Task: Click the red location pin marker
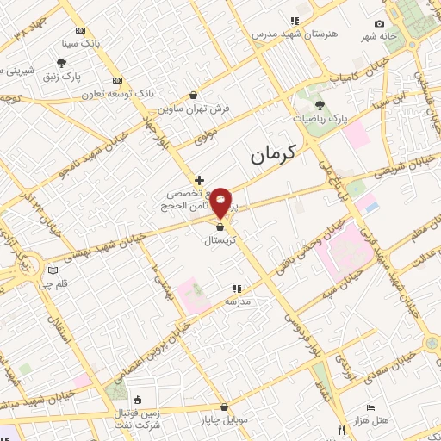pyautogui.click(x=221, y=202)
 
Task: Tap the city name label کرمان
pyautogui.click(x=273, y=155)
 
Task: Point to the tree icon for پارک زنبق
pyautogui.click(x=62, y=63)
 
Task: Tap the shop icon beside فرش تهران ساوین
pyautogui.click(x=192, y=96)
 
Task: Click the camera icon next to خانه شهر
pyautogui.click(x=379, y=24)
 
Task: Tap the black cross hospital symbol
pyautogui.click(x=199, y=180)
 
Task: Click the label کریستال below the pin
pyautogui.click(x=220, y=242)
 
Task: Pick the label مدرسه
pyautogui.click(x=237, y=302)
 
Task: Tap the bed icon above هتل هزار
pyautogui.click(x=370, y=407)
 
